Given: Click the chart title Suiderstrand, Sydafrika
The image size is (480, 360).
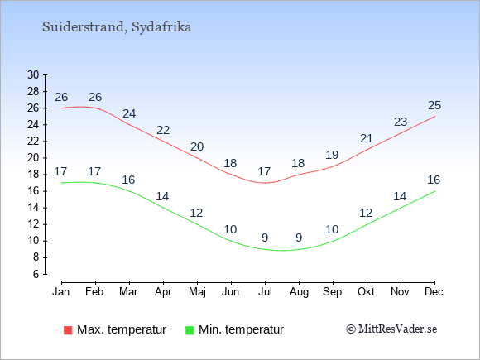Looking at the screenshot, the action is click(x=117, y=27).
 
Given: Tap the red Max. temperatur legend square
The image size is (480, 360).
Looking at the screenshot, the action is click(x=68, y=330).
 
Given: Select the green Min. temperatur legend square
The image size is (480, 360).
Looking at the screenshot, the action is click(x=190, y=330).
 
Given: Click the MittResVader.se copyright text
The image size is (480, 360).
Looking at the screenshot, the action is click(x=391, y=329).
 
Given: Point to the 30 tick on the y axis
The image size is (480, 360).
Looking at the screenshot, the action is click(x=33, y=74).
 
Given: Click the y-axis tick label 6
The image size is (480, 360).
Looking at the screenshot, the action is click(x=36, y=274).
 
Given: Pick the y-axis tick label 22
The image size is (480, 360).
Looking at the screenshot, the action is click(x=33, y=142).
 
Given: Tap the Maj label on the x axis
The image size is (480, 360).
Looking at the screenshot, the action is click(x=197, y=292).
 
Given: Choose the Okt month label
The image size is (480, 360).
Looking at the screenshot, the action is click(x=366, y=292).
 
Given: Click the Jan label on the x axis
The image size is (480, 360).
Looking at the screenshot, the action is click(x=61, y=292).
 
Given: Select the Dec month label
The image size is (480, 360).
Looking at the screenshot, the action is click(x=434, y=292).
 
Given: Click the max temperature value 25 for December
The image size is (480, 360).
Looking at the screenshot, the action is click(x=434, y=105).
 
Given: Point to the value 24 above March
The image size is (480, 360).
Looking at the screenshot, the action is click(x=129, y=113).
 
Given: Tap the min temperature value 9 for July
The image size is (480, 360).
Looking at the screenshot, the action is click(x=265, y=238).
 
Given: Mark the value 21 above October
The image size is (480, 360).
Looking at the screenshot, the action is click(x=367, y=139).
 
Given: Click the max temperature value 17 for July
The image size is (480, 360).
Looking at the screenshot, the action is click(x=264, y=171).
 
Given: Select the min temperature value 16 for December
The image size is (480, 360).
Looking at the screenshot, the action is click(x=434, y=180).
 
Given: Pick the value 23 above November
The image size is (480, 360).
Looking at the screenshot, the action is click(x=401, y=122).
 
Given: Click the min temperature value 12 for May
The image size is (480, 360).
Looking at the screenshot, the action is click(x=196, y=213).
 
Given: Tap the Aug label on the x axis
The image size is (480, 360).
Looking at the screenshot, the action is click(x=299, y=292).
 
